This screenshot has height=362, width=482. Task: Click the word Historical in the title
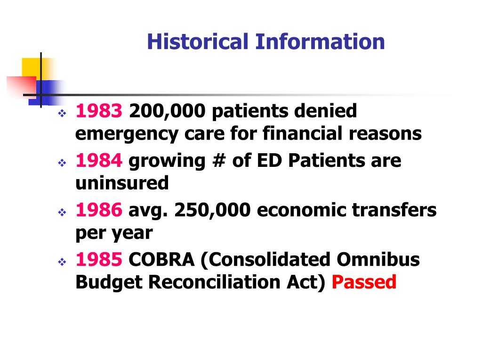click(197, 41)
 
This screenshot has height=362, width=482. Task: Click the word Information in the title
click(320, 41)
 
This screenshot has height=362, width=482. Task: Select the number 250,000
click(213, 211)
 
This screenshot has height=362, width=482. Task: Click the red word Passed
click(364, 282)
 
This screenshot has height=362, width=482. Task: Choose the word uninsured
click(122, 183)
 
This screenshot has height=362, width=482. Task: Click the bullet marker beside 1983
click(62, 114)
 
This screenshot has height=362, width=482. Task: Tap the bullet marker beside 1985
click(62, 262)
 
